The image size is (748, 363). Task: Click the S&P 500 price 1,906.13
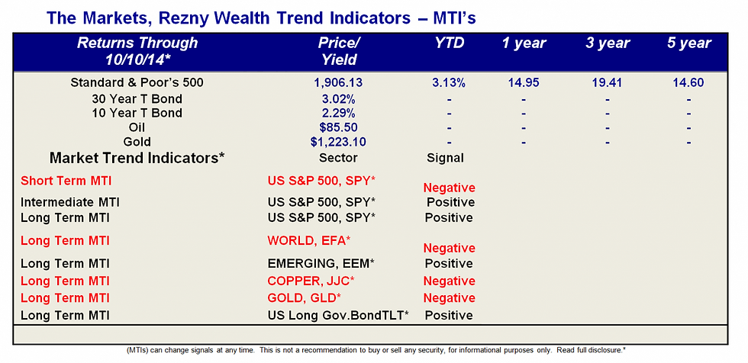(337, 82)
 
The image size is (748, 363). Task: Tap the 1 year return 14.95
(524, 82)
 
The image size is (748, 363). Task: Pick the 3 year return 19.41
(608, 82)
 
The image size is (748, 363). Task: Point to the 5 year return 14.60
(688, 82)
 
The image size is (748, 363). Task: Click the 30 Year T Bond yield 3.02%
(337, 100)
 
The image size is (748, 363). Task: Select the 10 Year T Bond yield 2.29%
(337, 114)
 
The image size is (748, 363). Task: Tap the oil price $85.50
(338, 127)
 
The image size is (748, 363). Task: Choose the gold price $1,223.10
(337, 142)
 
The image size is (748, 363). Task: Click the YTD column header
(449, 43)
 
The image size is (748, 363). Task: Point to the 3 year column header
(608, 43)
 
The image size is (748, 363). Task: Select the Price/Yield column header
(339, 51)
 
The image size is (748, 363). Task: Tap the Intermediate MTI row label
(69, 202)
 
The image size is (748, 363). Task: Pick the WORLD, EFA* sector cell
(308, 240)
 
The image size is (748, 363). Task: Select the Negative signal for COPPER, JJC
(449, 281)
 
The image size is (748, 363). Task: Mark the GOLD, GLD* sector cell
(305, 298)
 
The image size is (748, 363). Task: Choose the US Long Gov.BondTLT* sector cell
(338, 316)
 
